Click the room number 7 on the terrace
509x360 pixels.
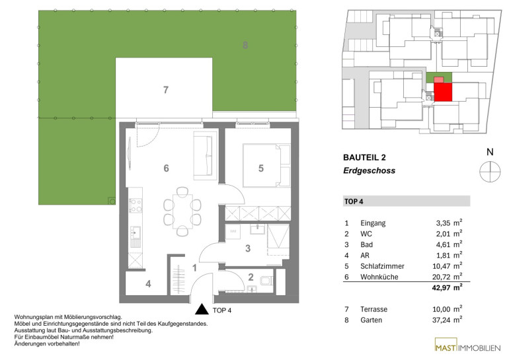(165, 90)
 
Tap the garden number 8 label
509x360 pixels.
(245, 45)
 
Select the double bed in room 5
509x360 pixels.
(266, 165)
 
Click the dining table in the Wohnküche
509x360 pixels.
(182, 211)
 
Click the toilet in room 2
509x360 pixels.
(267, 281)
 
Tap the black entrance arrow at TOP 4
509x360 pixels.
(202, 309)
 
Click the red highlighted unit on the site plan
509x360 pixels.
(443, 92)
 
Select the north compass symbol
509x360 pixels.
(490, 171)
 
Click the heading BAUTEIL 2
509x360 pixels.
(364, 158)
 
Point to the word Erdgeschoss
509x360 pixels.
(369, 170)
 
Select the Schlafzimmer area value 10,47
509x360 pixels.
(441, 266)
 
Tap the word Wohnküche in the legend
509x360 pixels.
(379, 277)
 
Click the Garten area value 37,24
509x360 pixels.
(441, 320)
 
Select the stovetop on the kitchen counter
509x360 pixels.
(136, 205)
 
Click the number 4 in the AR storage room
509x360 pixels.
(148, 284)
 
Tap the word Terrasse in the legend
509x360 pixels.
(373, 309)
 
